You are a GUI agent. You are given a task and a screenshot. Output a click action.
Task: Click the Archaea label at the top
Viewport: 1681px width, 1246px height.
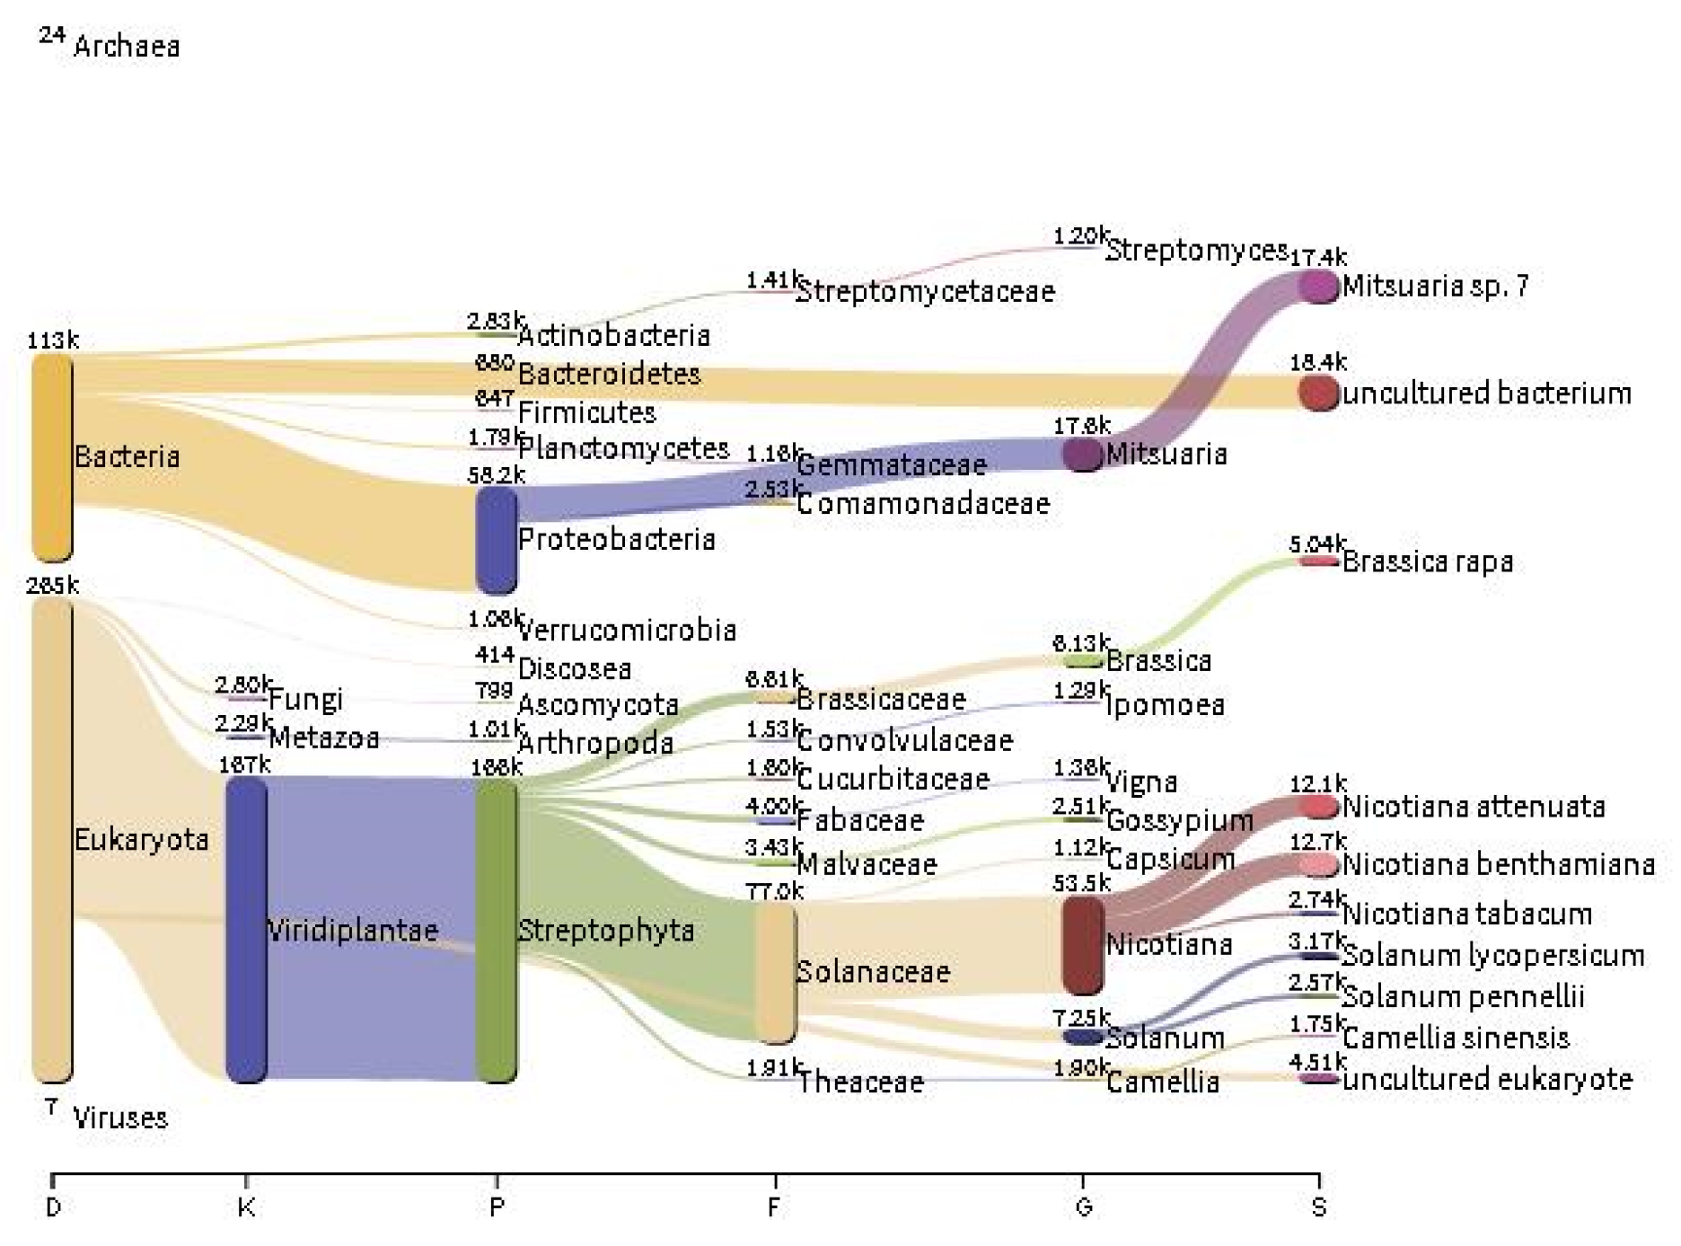click(126, 46)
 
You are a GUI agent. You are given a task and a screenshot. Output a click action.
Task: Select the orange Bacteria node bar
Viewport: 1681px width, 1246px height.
click(52, 456)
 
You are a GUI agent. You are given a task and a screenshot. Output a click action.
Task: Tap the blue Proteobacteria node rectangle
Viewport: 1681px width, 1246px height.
click(497, 540)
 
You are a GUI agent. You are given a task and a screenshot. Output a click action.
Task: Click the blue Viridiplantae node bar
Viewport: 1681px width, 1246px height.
click(246, 929)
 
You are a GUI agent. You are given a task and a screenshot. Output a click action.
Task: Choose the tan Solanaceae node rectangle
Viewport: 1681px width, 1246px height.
click(775, 972)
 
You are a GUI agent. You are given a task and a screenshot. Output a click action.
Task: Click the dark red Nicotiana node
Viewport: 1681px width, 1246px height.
click(1082, 945)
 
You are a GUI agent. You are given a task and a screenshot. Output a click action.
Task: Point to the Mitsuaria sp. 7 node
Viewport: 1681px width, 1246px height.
click(1318, 286)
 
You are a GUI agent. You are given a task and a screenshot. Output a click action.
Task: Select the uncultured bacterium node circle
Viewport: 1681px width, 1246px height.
click(1318, 393)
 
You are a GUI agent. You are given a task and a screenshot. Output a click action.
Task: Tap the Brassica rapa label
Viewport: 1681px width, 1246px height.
click(1428, 562)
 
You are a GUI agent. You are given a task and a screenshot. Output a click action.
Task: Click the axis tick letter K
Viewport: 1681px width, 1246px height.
click(246, 1206)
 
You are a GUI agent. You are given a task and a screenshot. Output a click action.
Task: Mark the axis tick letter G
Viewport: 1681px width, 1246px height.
click(1083, 1206)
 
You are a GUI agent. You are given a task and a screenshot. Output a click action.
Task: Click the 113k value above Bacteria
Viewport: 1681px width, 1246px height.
click(52, 340)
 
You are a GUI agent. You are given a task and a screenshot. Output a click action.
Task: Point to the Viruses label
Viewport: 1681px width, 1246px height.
click(120, 1118)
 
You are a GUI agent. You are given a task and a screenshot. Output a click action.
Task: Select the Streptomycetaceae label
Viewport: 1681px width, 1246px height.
click(925, 291)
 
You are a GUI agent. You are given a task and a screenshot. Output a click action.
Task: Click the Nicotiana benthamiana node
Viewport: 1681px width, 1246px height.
click(1318, 864)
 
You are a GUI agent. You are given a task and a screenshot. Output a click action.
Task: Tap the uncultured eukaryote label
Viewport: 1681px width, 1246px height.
click(1487, 1079)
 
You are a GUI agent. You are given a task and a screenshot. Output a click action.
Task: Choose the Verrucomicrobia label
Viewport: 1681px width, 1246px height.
click(627, 630)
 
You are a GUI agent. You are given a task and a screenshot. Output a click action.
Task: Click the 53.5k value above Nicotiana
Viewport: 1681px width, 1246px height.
click(1081, 883)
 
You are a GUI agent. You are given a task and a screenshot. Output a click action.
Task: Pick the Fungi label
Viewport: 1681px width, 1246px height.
click(305, 699)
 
